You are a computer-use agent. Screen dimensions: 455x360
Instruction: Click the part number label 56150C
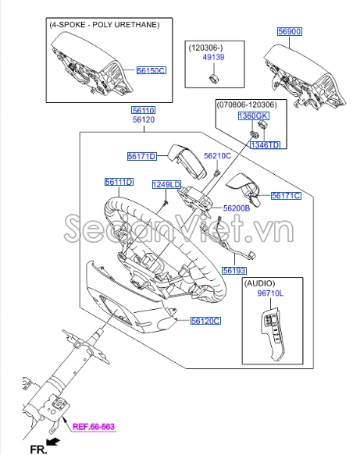click(151, 70)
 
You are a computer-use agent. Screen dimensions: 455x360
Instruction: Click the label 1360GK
click(253, 116)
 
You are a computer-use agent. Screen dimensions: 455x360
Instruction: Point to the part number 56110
click(143, 111)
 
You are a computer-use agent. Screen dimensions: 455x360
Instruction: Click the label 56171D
click(142, 157)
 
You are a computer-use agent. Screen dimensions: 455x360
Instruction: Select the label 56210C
click(218, 156)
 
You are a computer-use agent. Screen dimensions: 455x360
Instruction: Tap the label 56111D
click(119, 182)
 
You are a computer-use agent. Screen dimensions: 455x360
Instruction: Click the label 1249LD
click(166, 184)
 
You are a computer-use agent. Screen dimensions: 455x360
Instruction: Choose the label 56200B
click(236, 208)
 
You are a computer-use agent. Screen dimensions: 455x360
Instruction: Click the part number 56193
click(233, 271)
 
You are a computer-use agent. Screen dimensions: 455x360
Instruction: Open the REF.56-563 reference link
click(94, 426)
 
